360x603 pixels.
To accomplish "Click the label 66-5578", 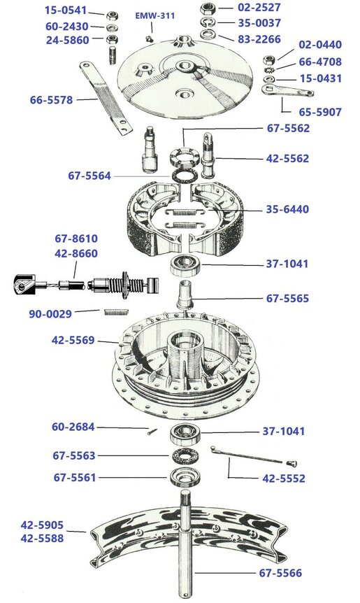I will pyautogui.click(x=52, y=100).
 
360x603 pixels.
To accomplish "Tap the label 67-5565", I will pyautogui.click(x=287, y=298).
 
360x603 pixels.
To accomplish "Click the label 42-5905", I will pyautogui.click(x=42, y=524).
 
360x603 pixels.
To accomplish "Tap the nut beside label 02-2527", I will pyautogui.click(x=207, y=8).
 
